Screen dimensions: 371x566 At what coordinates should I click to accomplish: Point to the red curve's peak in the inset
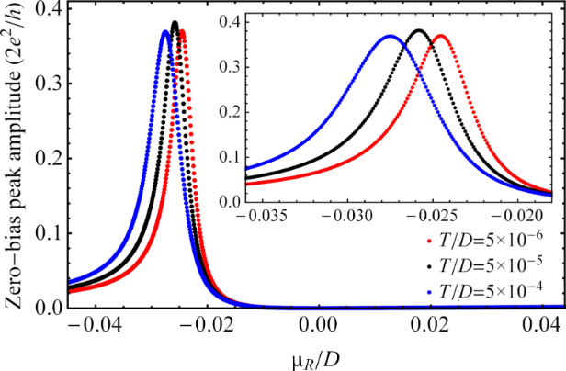coord(441,36)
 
